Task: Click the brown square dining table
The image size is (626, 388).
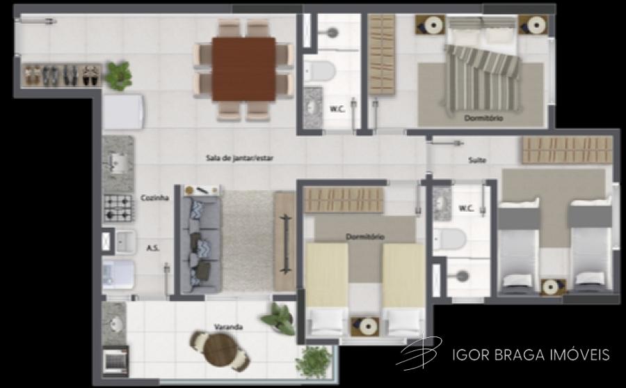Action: [x=243, y=69]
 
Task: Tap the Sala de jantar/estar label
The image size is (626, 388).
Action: [x=239, y=158]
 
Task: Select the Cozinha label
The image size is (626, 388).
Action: [x=154, y=198]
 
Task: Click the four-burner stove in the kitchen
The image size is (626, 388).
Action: [x=118, y=208]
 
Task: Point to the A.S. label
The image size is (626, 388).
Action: [x=152, y=248]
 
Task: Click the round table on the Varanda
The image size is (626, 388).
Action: [x=220, y=350]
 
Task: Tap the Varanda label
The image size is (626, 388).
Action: [x=228, y=327]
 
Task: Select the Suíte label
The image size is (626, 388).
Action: [x=477, y=160]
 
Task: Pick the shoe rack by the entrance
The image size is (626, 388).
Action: [x=62, y=75]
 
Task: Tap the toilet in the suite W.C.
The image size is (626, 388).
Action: [x=450, y=239]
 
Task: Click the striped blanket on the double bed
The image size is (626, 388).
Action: [x=483, y=78]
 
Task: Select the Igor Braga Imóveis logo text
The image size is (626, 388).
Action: [x=531, y=355]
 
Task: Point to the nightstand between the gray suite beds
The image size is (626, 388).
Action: [x=553, y=287]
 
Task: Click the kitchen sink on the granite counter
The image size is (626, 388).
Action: [x=118, y=163]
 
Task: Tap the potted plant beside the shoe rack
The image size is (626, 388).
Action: [x=118, y=75]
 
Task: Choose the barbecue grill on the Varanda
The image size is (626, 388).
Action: [x=115, y=362]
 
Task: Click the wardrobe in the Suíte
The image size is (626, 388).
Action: [x=567, y=150]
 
